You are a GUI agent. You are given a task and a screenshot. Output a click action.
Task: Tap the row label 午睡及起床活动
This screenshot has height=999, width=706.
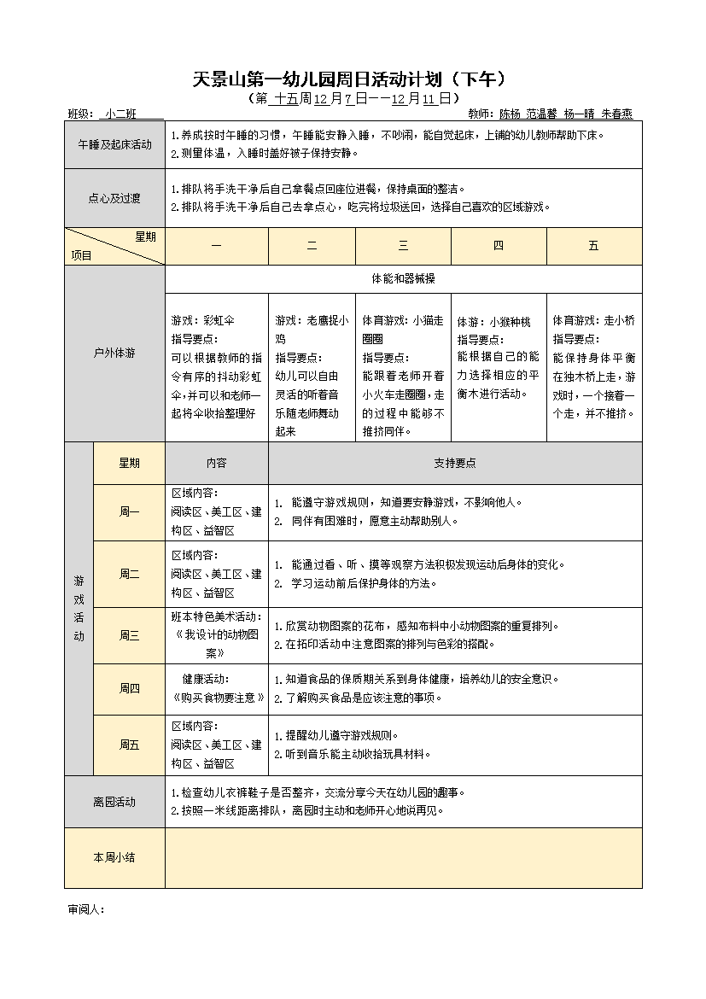(114, 145)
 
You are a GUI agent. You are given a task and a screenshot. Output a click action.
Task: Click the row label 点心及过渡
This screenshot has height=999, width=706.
(114, 198)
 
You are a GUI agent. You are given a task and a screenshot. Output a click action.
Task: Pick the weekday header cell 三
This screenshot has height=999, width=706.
(403, 246)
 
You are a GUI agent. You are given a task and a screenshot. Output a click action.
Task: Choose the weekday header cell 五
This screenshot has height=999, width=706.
(593, 246)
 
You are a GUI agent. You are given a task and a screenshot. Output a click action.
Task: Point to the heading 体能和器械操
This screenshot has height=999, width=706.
(403, 278)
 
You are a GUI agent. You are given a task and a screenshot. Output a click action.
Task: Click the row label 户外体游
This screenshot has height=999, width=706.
(114, 353)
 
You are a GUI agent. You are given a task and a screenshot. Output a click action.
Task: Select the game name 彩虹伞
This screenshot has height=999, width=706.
(219, 321)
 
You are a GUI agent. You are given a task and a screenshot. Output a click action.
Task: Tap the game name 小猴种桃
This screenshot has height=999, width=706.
(510, 322)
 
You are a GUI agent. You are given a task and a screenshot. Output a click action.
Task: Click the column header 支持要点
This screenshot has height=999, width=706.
(455, 463)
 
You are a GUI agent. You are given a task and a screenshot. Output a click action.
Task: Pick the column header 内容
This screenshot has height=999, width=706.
(216, 463)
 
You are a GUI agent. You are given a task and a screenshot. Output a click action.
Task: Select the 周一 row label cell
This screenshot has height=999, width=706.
(129, 512)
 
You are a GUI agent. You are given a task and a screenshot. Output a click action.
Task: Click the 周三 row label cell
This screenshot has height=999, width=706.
(129, 635)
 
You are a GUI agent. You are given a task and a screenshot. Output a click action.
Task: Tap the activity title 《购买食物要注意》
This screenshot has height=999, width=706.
(217, 698)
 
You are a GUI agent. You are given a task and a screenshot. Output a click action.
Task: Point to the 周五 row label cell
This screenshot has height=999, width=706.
(129, 745)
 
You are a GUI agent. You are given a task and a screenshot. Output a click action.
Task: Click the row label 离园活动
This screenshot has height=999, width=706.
(114, 802)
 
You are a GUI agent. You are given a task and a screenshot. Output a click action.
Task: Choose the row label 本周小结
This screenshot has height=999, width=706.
(114, 857)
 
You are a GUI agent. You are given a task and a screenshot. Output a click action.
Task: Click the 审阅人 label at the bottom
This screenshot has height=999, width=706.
(85, 909)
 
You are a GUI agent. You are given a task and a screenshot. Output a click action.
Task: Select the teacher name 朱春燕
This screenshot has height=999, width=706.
(616, 114)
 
